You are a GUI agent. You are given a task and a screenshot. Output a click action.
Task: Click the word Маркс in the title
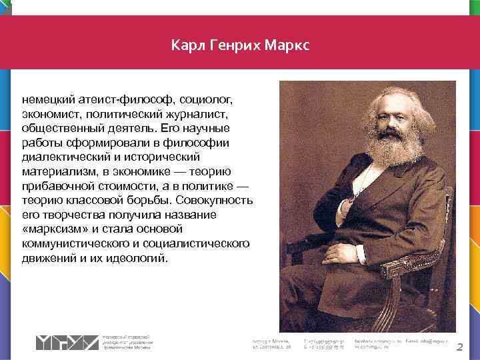tap(287, 46)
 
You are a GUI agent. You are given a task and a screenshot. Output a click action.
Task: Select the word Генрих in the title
tap(231, 46)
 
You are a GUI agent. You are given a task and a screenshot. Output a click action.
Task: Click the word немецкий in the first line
tap(45, 99)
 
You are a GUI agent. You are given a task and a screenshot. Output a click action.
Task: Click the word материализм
tap(55, 171)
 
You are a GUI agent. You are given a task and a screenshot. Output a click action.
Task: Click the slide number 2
tap(459, 347)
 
